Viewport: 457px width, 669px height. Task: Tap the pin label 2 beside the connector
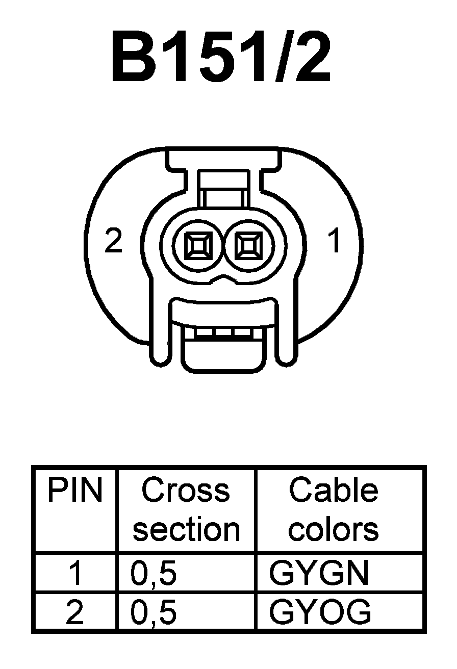click(113, 241)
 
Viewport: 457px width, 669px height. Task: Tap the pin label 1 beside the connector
click(335, 241)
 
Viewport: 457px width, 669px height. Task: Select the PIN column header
click(74, 491)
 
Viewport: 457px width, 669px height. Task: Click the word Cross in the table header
click(186, 491)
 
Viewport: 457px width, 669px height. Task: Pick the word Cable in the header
click(334, 491)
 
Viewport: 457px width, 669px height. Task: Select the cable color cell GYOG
click(320, 612)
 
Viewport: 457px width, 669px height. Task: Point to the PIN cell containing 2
click(74, 612)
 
